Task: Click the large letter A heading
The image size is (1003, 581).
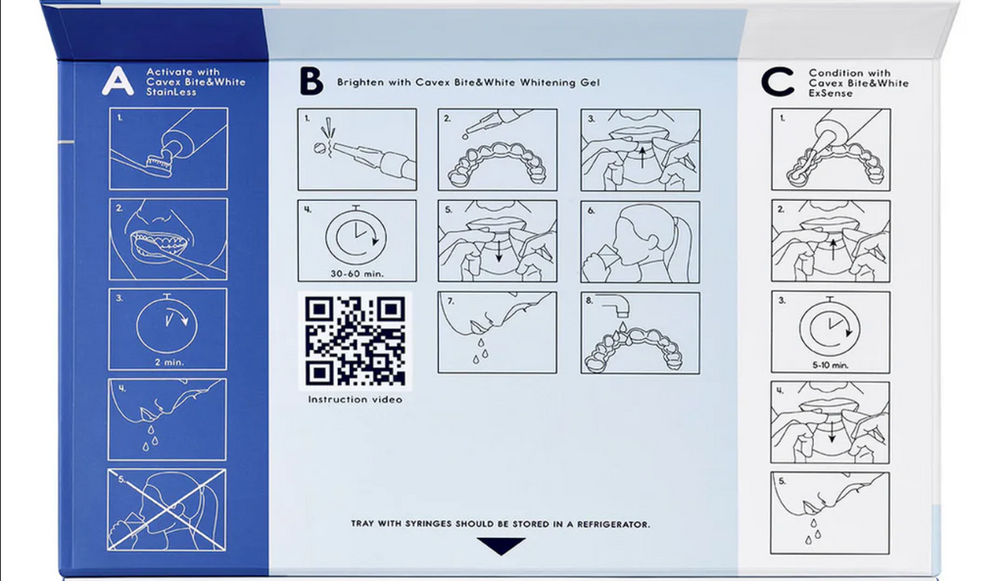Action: point(118,81)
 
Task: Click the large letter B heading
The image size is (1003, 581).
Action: point(311,81)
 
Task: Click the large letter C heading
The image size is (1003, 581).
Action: point(777,82)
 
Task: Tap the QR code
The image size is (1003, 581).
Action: point(355,340)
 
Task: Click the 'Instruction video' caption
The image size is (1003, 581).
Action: point(355,400)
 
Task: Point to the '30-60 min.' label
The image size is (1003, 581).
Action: point(357,273)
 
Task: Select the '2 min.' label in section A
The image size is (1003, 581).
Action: point(168,363)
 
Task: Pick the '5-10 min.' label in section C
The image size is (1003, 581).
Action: point(831,365)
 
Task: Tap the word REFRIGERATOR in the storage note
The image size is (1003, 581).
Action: point(613,524)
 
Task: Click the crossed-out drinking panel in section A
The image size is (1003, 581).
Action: point(167,509)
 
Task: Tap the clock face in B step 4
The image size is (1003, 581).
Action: point(357,238)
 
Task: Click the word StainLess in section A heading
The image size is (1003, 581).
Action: point(170,92)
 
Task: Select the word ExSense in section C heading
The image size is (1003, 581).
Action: point(831,93)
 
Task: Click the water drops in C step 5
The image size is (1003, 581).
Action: point(813,532)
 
